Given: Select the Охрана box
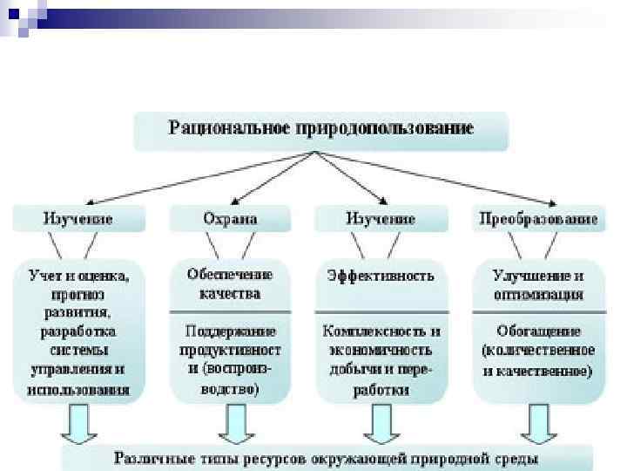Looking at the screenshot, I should click(x=229, y=218).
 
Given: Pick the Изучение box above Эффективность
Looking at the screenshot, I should click(x=380, y=218).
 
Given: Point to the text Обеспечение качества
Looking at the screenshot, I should click(x=229, y=283).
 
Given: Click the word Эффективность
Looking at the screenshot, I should click(x=380, y=275).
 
